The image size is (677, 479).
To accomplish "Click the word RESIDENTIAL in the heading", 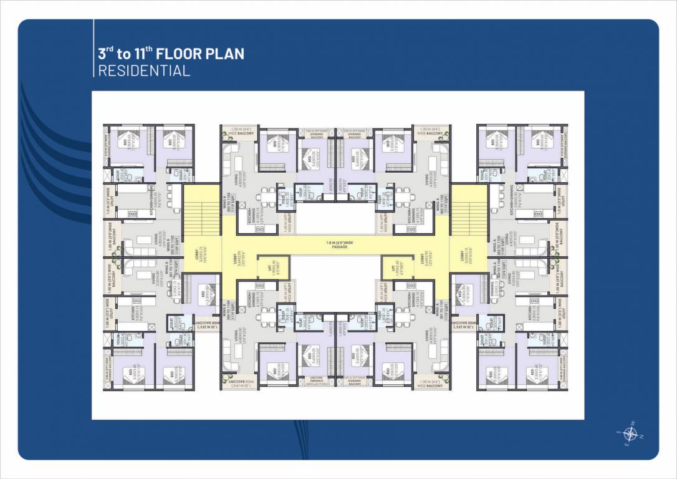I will (144, 70).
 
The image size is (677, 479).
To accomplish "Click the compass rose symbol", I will (630, 434).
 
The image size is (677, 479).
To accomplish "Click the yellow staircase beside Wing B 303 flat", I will (202, 209).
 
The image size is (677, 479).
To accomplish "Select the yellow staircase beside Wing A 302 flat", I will (469, 209).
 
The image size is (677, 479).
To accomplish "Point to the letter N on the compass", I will (641, 435).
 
